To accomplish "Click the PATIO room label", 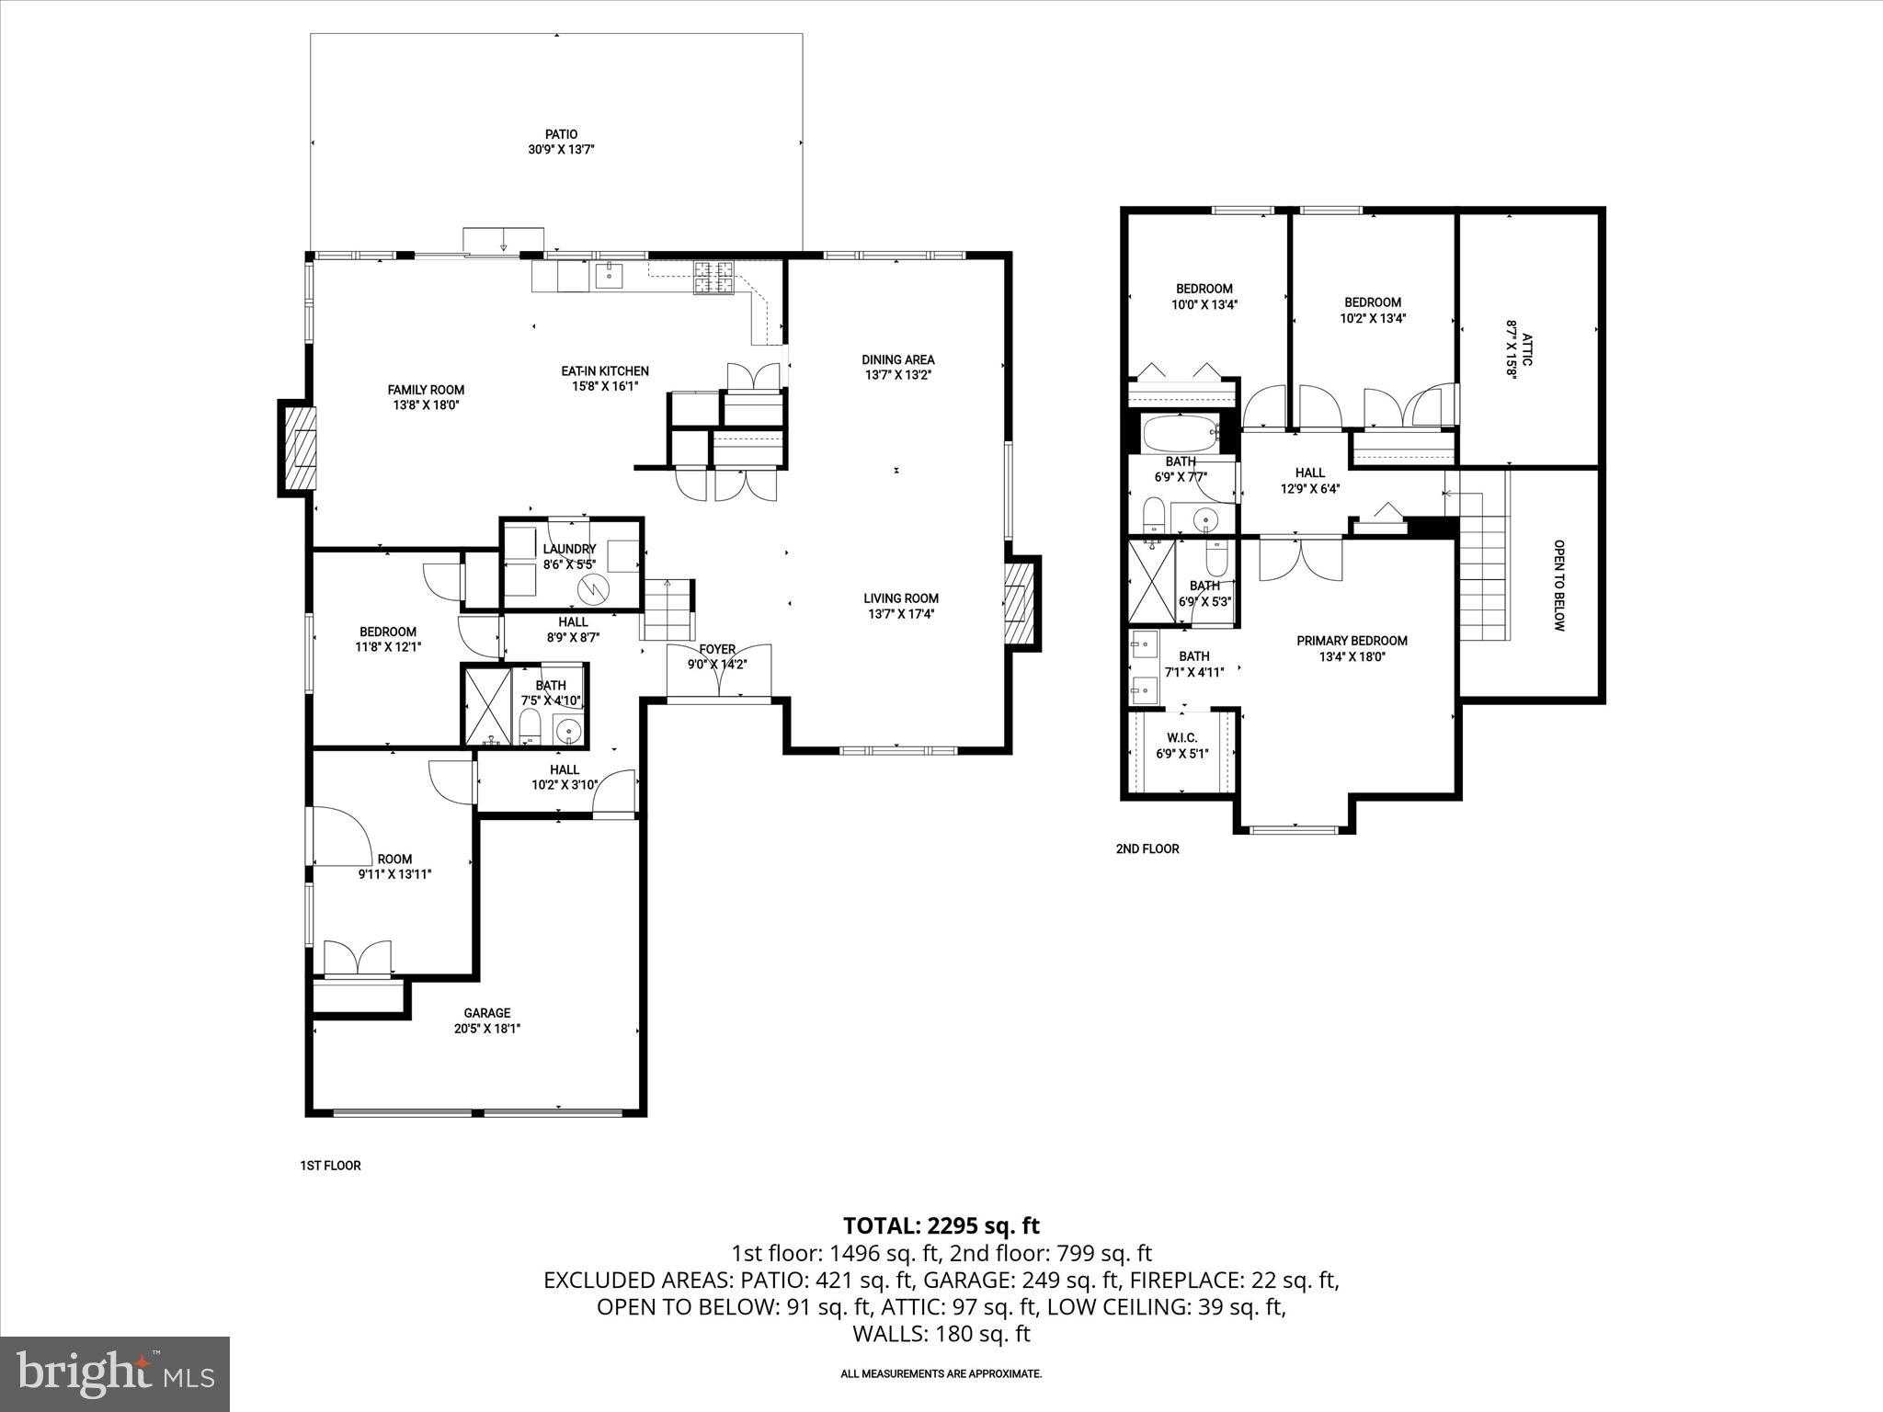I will pyautogui.click(x=561, y=134).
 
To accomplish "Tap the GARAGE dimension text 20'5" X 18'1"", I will pyautogui.click(x=487, y=1029).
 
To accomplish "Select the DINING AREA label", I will pyautogui.click(x=897, y=359).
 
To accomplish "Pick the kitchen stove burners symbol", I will pyautogui.click(x=714, y=279).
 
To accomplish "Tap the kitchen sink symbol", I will pyautogui.click(x=608, y=274).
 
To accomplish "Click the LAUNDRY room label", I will pyautogui.click(x=569, y=549).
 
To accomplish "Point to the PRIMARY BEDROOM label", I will pyautogui.click(x=1352, y=641).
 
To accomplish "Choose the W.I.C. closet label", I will pyautogui.click(x=1181, y=738).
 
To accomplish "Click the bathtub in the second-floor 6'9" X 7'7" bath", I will pyautogui.click(x=1181, y=432).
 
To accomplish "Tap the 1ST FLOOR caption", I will pyautogui.click(x=330, y=1166).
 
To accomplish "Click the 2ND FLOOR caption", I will pyautogui.click(x=1147, y=848).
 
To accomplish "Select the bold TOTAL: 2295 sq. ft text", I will pyautogui.click(x=941, y=1225).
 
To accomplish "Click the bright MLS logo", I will pyautogui.click(x=115, y=1374).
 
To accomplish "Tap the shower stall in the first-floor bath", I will pyautogui.click(x=487, y=706).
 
